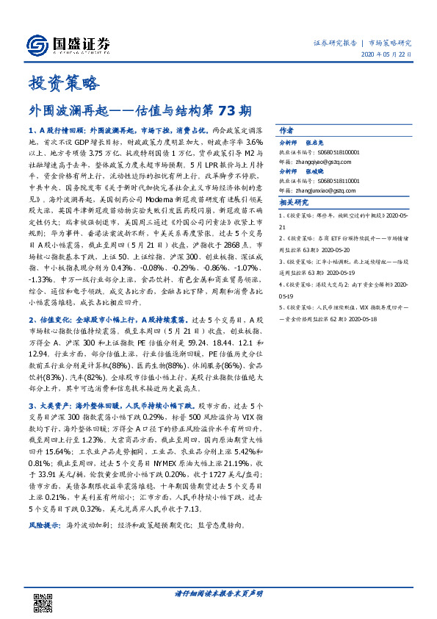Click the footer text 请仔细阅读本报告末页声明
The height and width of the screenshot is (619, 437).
coord(218,593)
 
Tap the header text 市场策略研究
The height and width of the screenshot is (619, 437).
coord(390,43)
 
